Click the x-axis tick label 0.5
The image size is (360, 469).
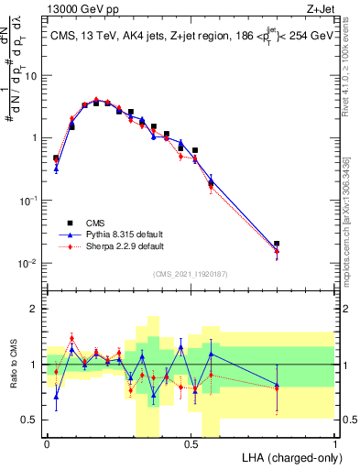click(x=191, y=443)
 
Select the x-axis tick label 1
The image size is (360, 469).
click(x=335, y=443)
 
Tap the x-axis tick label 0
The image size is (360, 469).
click(x=47, y=443)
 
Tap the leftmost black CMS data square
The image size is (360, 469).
click(x=56, y=158)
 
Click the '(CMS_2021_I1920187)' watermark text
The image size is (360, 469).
click(x=191, y=274)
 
